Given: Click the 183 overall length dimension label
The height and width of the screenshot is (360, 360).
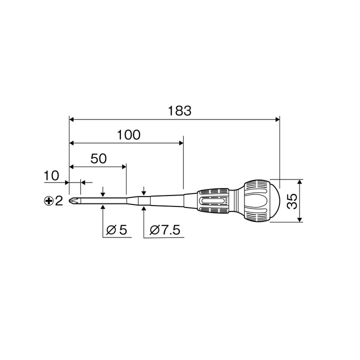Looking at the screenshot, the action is [x=179, y=110].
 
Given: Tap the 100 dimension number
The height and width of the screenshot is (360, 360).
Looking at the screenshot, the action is [x=128, y=135].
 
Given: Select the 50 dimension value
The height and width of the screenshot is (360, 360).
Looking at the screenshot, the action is [x=98, y=158].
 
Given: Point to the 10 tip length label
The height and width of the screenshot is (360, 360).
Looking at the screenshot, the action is [x=51, y=175].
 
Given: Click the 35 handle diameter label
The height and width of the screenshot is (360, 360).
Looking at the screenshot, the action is [x=292, y=201].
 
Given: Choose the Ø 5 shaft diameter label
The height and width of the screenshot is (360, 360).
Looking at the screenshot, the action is [x=116, y=230].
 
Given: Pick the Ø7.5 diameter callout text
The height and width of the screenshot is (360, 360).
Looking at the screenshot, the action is [x=165, y=230].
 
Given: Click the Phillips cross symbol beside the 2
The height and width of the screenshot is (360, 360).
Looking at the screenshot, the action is [x=48, y=201].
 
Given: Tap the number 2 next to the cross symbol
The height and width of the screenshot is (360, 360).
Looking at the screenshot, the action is [x=59, y=201].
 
